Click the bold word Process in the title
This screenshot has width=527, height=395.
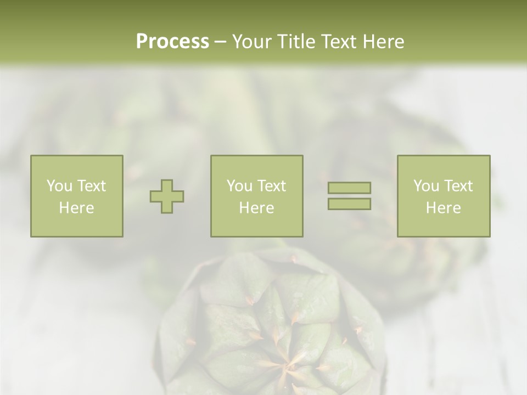172,42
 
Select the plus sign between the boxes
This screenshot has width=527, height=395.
167,196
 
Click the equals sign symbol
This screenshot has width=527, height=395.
349,196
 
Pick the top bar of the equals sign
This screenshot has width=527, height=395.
349,188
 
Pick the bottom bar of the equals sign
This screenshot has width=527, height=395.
349,204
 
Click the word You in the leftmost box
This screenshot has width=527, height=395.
59,186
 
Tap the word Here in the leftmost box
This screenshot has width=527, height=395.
76,208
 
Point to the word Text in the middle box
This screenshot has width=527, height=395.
272,186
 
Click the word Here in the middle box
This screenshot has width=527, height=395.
256,208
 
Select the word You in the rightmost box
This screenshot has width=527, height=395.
426,186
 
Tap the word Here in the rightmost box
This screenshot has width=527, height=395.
443,208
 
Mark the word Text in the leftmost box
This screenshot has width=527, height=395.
92,186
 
